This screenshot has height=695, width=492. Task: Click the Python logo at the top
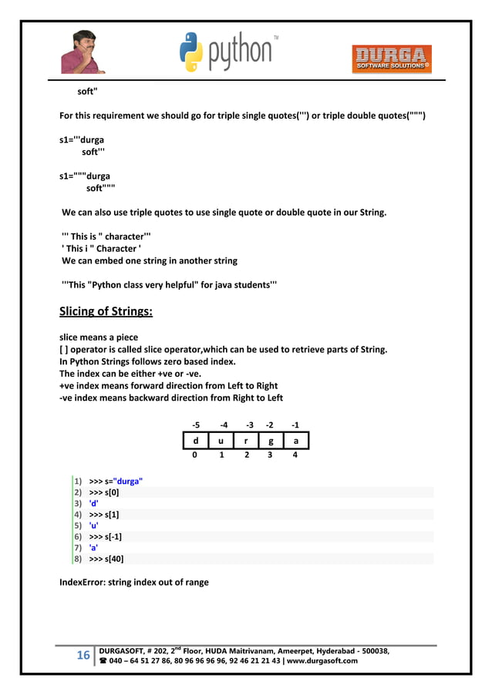pyautogui.click(x=228, y=52)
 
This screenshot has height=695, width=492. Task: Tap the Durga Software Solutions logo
pyautogui.click(x=392, y=59)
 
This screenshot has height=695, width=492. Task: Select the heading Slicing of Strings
pyautogui.click(x=106, y=312)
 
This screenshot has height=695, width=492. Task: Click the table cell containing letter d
pyautogui.click(x=195, y=440)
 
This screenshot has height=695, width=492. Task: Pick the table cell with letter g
pyautogui.click(x=270, y=440)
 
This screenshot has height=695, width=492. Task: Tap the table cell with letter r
pyautogui.click(x=246, y=440)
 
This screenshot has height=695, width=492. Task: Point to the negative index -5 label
pyautogui.click(x=196, y=425)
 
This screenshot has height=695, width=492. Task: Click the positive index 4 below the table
pyautogui.click(x=295, y=455)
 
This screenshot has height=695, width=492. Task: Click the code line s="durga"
pyautogui.click(x=116, y=482)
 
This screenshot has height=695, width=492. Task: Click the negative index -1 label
pyautogui.click(x=295, y=425)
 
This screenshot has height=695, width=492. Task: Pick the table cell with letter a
pyautogui.click(x=295, y=440)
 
